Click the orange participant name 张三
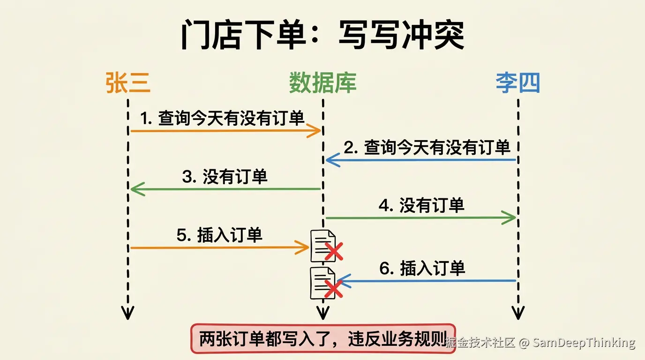tap(128, 82)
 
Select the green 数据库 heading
tap(323, 82)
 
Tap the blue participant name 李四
tap(517, 82)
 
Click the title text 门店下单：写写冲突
tap(323, 35)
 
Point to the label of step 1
tap(222, 118)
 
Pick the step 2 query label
tap(427, 147)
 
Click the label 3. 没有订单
tap(225, 177)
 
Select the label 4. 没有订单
tap(421, 205)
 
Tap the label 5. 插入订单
tap(219, 235)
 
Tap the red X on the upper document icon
tap(334, 251)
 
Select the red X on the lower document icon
tap(333, 289)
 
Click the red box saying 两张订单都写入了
tap(323, 339)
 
